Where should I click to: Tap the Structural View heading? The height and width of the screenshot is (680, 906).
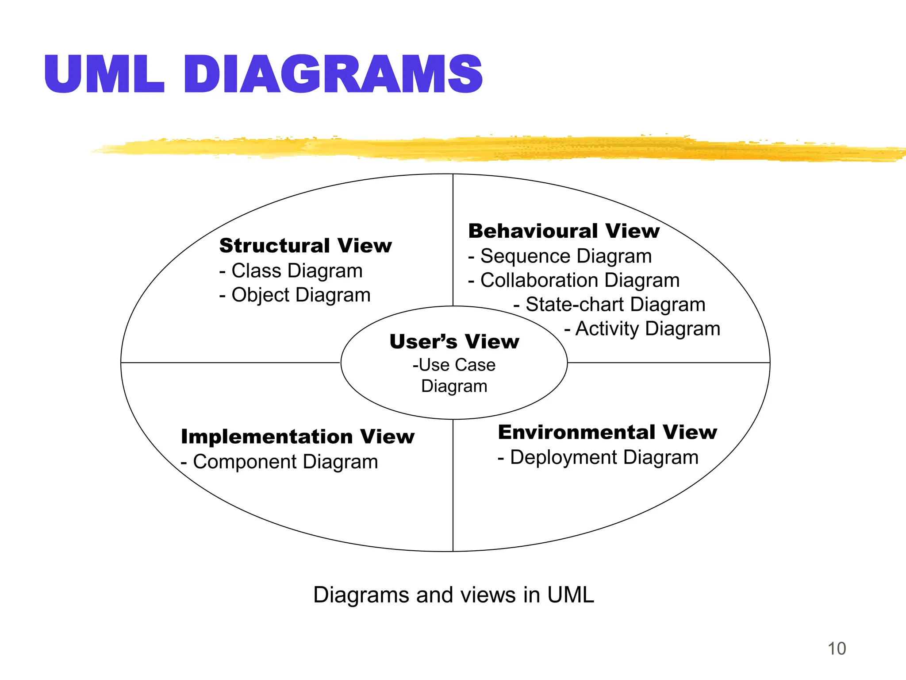(x=305, y=246)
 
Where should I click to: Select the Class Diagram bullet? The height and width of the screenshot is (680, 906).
(x=291, y=271)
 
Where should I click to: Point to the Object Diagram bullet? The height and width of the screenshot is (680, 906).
(x=295, y=295)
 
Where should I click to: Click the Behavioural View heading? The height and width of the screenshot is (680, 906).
(x=564, y=231)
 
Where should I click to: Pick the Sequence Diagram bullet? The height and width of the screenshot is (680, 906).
(x=560, y=256)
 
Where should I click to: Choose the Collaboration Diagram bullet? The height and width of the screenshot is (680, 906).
(x=574, y=281)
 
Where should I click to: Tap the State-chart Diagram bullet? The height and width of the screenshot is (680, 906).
(x=610, y=305)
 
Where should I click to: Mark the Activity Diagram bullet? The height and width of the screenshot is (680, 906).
(x=642, y=329)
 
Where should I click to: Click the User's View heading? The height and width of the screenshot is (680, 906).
(x=454, y=342)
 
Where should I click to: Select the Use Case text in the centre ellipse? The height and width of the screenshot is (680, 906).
(x=454, y=365)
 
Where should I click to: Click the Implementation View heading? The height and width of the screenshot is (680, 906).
(x=298, y=437)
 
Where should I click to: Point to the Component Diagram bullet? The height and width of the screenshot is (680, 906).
(x=280, y=462)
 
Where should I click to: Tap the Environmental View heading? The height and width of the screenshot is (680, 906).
(x=607, y=433)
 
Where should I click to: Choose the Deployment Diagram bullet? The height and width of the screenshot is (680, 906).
(x=598, y=457)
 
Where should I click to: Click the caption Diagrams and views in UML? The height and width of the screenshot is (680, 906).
(x=453, y=595)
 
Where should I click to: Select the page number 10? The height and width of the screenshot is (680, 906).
(x=837, y=649)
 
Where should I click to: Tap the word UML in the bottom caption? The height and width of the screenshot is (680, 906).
(x=571, y=595)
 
